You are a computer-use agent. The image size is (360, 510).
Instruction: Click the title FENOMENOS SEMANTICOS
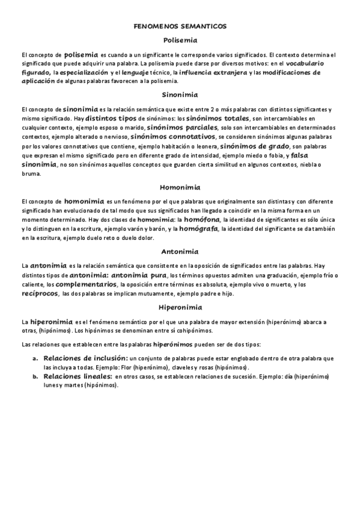[x=180, y=27]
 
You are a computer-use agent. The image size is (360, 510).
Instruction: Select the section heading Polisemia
[x=180, y=40]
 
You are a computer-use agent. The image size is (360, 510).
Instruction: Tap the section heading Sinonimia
[x=180, y=94]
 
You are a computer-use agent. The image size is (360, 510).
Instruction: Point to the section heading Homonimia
[x=180, y=186]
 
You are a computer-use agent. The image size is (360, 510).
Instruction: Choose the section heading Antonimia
[x=180, y=251]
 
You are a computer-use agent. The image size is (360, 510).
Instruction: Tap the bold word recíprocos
[x=40, y=293]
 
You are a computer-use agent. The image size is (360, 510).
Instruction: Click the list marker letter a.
[x=35, y=358]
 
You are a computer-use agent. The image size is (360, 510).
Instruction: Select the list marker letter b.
[x=35, y=376]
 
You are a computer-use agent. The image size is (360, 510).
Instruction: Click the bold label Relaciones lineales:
[x=78, y=376]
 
